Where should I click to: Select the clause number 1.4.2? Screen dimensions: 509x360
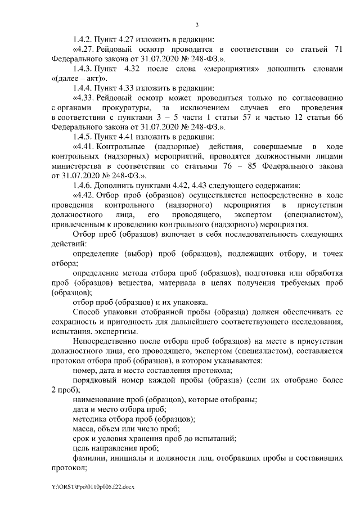click(83, 39)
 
